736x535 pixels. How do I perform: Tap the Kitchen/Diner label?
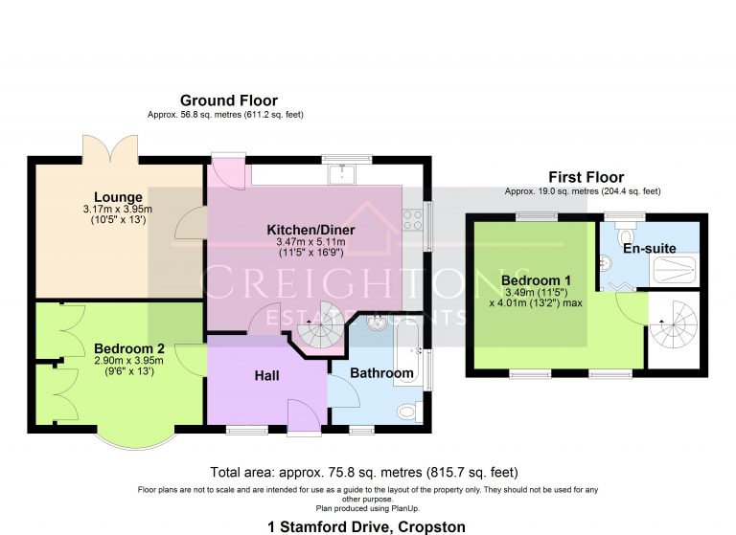tap(310, 231)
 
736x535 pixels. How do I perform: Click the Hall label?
tap(266, 376)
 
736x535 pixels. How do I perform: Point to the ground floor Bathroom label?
tap(381, 372)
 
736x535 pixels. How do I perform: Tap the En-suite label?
tap(649, 249)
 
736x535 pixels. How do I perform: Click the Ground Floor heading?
tap(229, 100)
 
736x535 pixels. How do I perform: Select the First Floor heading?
tap(586, 177)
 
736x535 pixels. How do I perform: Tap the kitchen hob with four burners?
tap(413, 219)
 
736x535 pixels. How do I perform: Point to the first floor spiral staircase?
tap(674, 325)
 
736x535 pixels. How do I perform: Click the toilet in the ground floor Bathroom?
tap(408, 412)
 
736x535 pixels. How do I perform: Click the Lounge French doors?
tap(103, 149)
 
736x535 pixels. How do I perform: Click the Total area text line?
tap(364, 472)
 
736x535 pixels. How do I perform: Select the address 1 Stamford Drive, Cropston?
tap(368, 526)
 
